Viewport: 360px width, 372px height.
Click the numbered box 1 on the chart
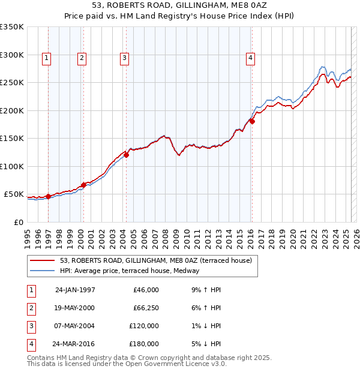tap(46, 58)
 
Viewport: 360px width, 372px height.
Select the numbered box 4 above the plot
tap(250, 58)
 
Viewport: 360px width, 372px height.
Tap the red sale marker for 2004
tap(127, 155)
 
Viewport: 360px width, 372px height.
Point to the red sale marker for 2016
tap(252, 121)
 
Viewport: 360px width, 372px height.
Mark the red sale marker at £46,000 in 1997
tap(48, 196)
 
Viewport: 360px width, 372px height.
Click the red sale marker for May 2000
tap(83, 185)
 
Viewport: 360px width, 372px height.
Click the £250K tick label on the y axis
tap(12, 82)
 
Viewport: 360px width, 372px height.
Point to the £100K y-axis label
tap(12, 166)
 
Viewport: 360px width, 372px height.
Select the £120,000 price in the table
tap(143, 326)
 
